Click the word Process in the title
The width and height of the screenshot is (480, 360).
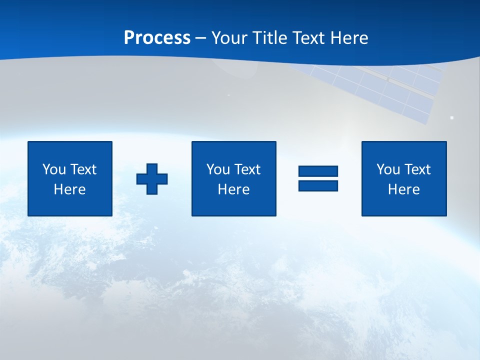(157, 38)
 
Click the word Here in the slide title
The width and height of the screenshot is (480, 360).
(350, 38)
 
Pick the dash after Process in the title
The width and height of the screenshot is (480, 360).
(200, 38)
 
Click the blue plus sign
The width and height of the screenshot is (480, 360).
(152, 178)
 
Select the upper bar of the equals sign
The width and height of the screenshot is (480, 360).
(318, 171)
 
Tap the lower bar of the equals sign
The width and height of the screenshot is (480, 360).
(318, 185)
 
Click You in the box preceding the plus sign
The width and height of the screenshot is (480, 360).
(54, 169)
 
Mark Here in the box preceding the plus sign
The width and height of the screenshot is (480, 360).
(69, 189)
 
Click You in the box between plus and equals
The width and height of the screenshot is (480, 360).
(218, 169)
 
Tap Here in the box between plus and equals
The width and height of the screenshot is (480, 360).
(233, 189)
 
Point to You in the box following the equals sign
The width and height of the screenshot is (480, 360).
(388, 169)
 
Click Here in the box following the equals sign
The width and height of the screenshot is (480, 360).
(403, 189)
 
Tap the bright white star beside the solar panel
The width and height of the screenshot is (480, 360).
(452, 117)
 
